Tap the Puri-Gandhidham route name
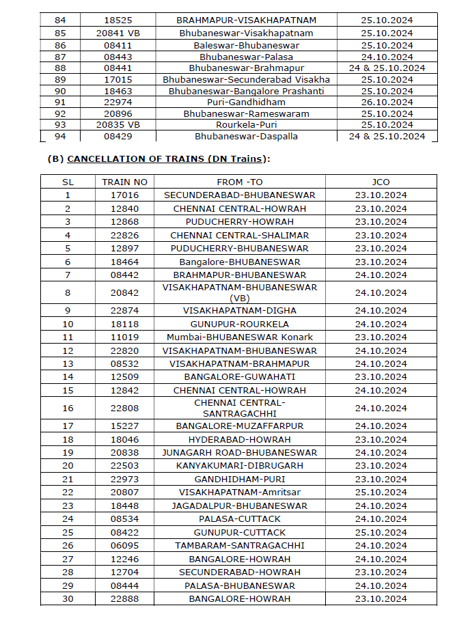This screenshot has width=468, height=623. [x=246, y=102]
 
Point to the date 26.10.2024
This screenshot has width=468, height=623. [x=387, y=102]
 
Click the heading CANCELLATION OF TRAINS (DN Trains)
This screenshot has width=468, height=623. [x=159, y=159]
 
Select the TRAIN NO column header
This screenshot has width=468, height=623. [x=124, y=182]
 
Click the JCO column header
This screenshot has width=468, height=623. [x=381, y=182]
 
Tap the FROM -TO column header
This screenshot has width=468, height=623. [x=239, y=182]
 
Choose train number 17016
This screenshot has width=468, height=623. [x=124, y=195]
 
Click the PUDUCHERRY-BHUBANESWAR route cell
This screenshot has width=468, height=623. [x=239, y=249]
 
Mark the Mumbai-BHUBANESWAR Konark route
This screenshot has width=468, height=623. [x=239, y=337]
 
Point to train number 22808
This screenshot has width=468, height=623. [x=124, y=408]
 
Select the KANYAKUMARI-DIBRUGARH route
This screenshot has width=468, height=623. [x=239, y=466]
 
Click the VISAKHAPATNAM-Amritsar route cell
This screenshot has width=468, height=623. [x=239, y=493]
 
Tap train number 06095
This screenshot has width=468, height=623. [x=124, y=546]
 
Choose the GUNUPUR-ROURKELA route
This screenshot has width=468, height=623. [x=239, y=324]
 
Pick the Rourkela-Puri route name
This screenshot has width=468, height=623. [x=246, y=125]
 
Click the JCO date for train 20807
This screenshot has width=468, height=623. [x=381, y=493]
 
